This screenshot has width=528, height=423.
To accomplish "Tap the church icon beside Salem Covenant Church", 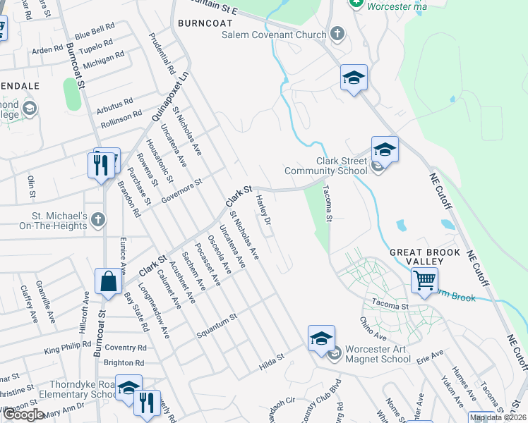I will tap(337, 33).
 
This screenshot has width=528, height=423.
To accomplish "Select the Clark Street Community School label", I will tap(326, 166).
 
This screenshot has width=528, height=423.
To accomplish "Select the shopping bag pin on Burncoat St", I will tap(110, 282).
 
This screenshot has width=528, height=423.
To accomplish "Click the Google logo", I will tap(23, 415).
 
